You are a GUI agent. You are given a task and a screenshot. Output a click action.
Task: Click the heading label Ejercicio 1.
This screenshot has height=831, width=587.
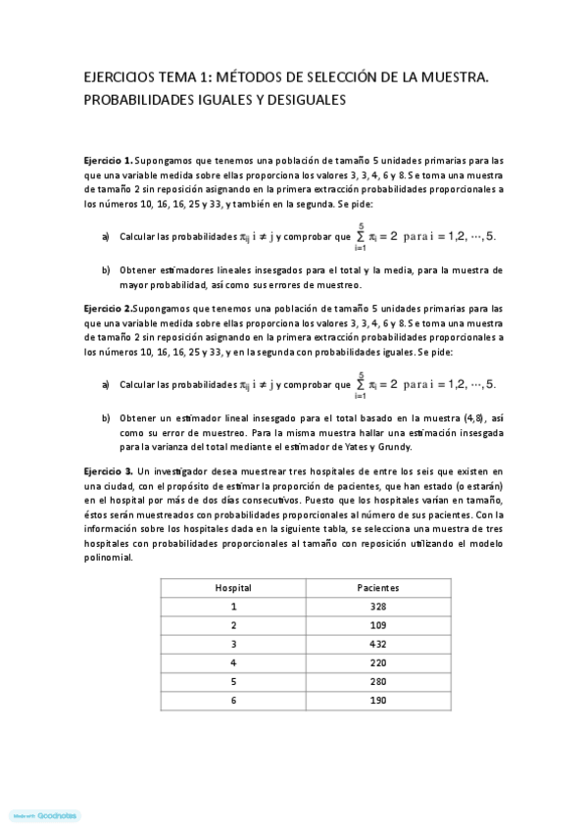[108, 159]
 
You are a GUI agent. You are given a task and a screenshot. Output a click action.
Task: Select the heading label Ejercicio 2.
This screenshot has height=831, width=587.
[108, 307]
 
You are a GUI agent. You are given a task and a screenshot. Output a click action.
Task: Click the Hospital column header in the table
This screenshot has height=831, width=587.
[233, 588]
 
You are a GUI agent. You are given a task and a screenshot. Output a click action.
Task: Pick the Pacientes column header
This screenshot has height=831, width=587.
[377, 588]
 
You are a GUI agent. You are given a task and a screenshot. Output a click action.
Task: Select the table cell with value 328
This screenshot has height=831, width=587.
[377, 607]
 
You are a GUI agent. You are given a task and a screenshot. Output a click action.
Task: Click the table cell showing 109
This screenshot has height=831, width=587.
[377, 625]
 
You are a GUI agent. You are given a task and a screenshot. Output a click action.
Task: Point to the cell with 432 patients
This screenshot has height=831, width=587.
[377, 644]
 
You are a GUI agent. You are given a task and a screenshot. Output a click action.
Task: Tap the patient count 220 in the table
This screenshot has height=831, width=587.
[377, 662]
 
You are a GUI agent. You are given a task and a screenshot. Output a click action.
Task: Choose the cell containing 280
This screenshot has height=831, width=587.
[377, 681]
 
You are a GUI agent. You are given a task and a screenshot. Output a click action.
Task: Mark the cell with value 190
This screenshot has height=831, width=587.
[377, 700]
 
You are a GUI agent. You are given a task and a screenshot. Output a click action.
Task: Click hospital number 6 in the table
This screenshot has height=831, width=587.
[233, 700]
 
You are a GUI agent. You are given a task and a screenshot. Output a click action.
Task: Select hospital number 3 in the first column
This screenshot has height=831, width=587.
[233, 644]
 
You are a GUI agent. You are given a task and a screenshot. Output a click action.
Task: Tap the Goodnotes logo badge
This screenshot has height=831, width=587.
[45, 815]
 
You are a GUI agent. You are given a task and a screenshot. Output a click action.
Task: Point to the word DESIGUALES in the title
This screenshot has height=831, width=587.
[303, 99]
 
